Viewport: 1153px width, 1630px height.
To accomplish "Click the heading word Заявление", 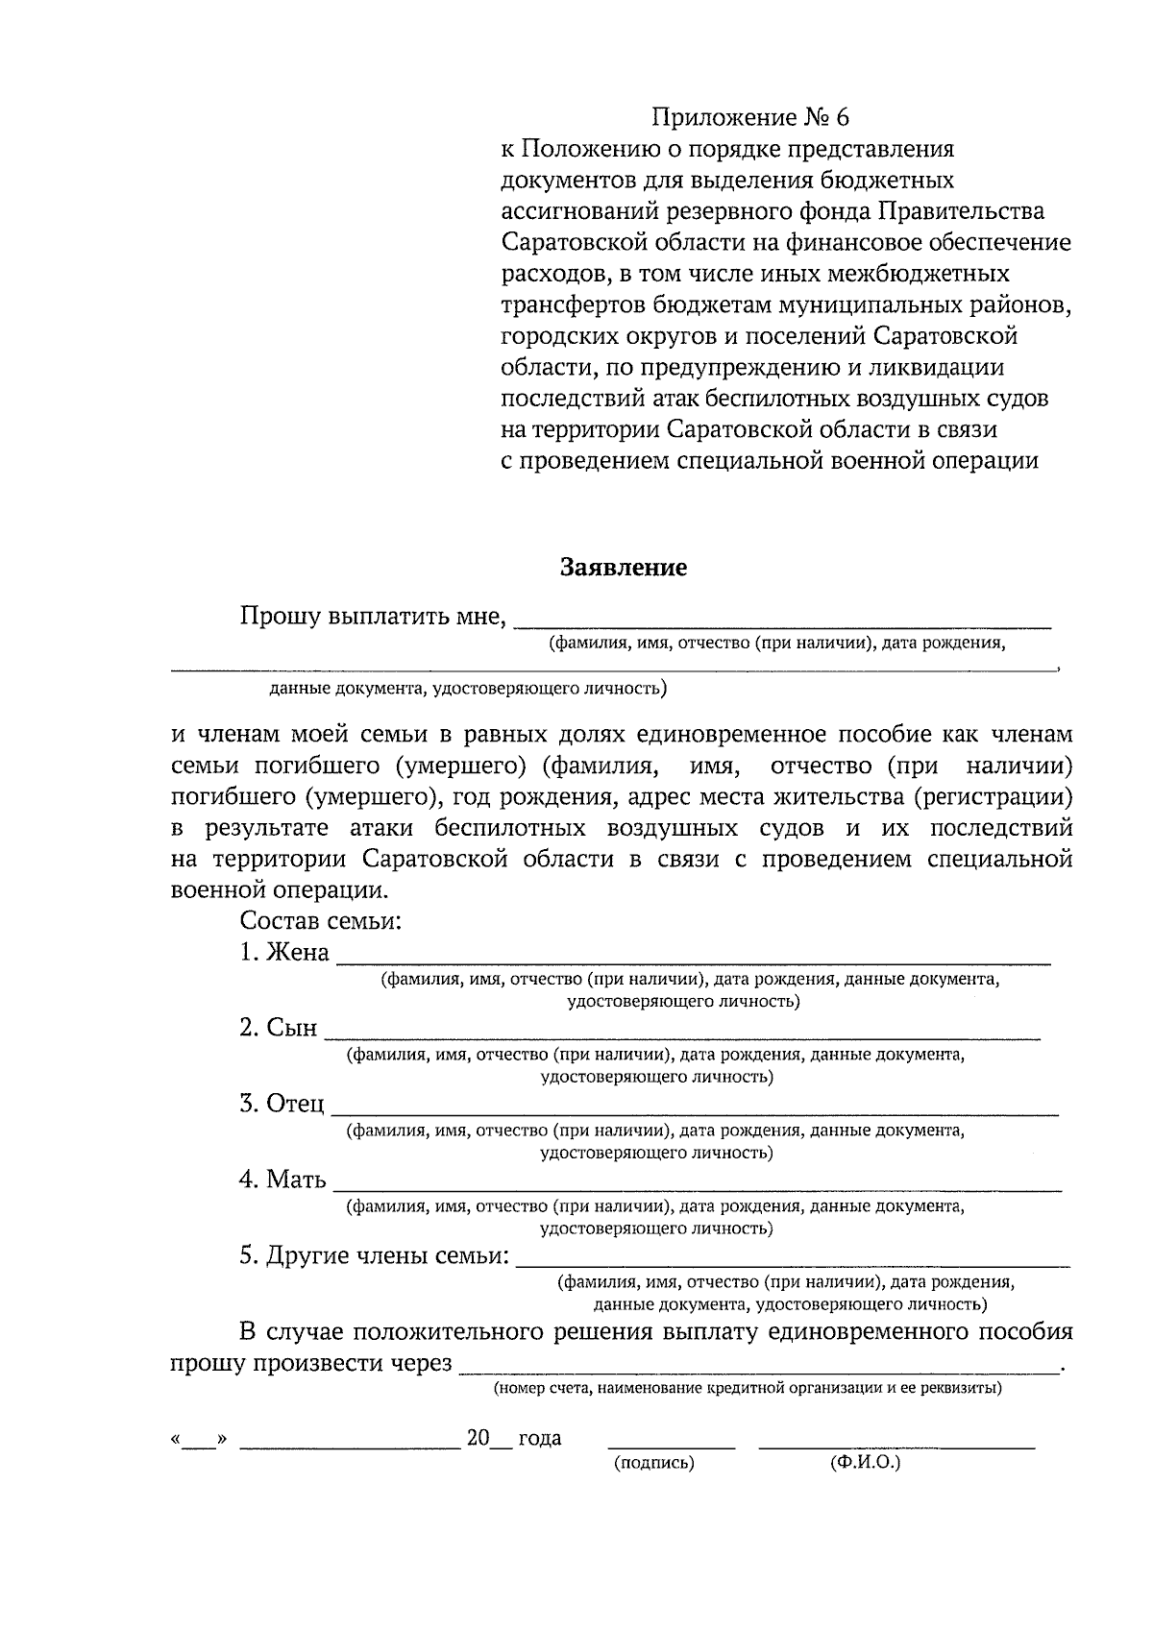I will click(x=624, y=568).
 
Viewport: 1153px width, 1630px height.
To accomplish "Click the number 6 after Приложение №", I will click(x=843, y=118).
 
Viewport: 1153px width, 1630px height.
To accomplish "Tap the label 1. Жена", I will click(x=284, y=953).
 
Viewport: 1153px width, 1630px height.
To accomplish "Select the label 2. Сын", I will click(x=278, y=1028).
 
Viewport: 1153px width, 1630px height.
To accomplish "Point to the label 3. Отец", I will click(x=282, y=1104).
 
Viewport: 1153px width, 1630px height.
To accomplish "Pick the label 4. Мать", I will click(x=282, y=1180).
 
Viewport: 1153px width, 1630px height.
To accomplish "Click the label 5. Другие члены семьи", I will click(x=374, y=1255).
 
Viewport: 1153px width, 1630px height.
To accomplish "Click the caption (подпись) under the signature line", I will click(x=653, y=1463).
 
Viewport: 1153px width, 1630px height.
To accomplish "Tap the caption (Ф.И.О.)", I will click(x=864, y=1463).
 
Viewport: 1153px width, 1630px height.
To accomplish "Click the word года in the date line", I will click(x=539, y=1439).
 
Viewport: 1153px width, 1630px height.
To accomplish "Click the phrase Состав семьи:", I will click(x=320, y=921).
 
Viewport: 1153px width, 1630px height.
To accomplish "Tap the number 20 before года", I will click(x=478, y=1439).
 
